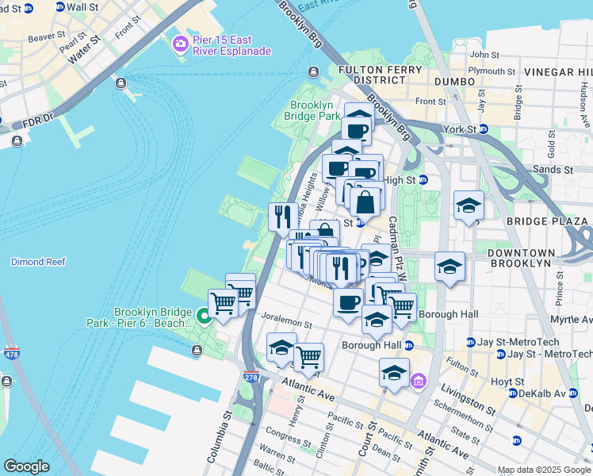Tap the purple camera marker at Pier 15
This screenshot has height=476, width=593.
(x=180, y=43)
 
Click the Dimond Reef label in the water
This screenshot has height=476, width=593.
(x=38, y=262)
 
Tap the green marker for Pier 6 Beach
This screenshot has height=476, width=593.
(x=204, y=317)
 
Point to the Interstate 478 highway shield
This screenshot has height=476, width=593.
(x=12, y=352)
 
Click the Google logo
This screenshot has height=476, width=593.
(x=26, y=466)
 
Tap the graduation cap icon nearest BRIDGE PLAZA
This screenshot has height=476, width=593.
(x=469, y=205)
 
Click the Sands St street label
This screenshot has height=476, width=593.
(x=554, y=170)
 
